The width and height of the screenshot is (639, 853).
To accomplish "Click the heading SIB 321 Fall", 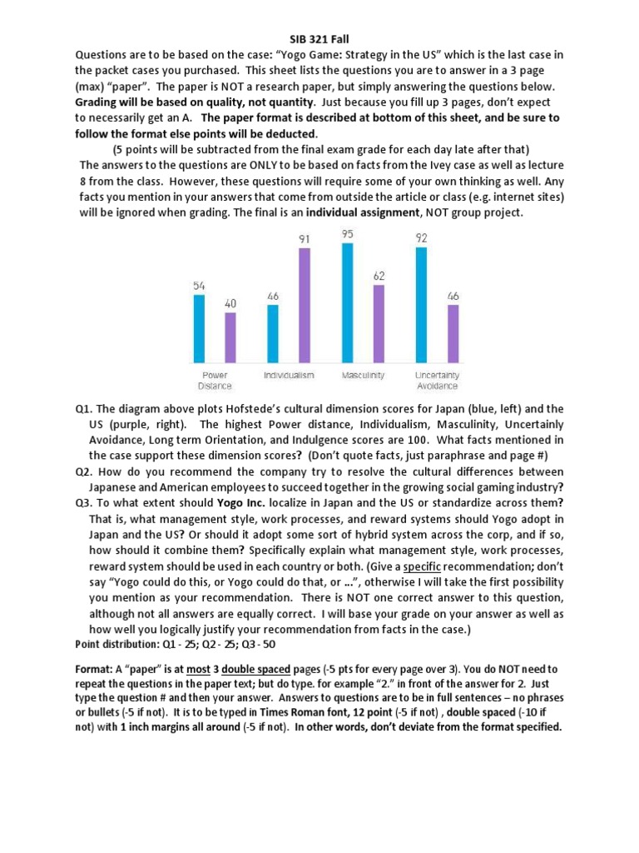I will (x=319, y=39).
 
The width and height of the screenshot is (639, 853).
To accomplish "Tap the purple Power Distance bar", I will (x=230, y=337).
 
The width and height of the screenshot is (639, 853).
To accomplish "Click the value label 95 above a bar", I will (x=347, y=234).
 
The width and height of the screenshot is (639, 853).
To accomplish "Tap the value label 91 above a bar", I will (x=305, y=239).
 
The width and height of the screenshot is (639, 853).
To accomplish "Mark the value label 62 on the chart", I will (x=379, y=274).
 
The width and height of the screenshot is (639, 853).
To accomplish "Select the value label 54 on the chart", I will (x=199, y=285).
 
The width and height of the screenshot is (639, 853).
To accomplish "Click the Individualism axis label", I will (x=289, y=376).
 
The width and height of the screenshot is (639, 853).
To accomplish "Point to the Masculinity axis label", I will (x=363, y=376).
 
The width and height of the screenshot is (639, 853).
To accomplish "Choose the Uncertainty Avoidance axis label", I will (x=437, y=381).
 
